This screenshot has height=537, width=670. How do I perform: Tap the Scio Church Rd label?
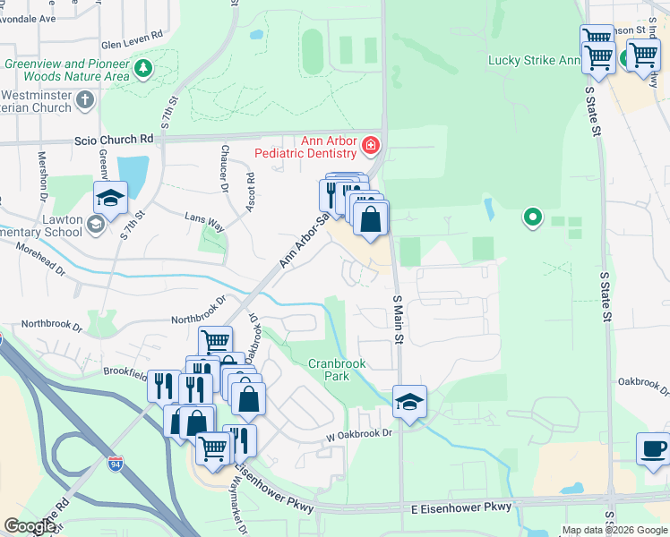(x=116, y=140)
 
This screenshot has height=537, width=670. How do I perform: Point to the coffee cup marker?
(x=653, y=448)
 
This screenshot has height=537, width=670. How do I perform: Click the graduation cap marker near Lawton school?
(x=110, y=198)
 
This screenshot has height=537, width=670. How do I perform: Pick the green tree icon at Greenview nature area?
(x=142, y=68)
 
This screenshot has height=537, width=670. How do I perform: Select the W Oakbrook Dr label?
(x=359, y=434)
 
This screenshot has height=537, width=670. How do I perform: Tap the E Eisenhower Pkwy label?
(x=462, y=507)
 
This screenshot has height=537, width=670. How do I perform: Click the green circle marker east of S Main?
(x=533, y=216)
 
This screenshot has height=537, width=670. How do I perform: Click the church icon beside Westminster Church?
(x=85, y=98)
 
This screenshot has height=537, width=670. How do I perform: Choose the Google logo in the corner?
(x=30, y=526)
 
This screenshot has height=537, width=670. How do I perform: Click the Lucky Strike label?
(x=533, y=61)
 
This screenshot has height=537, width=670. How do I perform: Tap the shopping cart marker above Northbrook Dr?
(x=215, y=341)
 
